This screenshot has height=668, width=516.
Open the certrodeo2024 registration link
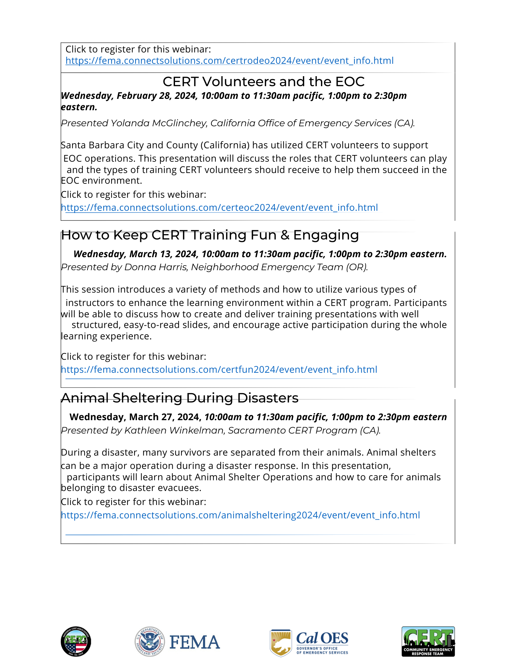tap(229, 61)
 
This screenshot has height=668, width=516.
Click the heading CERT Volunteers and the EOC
tap(263, 82)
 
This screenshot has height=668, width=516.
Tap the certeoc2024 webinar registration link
tap(219, 208)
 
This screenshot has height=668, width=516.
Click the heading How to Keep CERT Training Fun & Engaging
tap(210, 235)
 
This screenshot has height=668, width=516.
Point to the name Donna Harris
tap(155, 267)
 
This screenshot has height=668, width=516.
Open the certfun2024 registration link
tap(219, 370)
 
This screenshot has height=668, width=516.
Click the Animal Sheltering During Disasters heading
tap(180, 398)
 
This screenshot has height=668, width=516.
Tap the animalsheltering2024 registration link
tap(240, 515)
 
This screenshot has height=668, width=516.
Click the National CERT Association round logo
tap(76, 642)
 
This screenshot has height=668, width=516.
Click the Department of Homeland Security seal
tap(150, 642)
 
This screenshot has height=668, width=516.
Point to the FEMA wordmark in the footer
tap(195, 642)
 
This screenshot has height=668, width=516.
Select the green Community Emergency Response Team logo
tap(428, 642)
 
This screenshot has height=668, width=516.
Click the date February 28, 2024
tap(157, 96)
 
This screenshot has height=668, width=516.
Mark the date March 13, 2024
tap(164, 254)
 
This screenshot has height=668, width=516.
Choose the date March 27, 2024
tap(165, 417)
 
